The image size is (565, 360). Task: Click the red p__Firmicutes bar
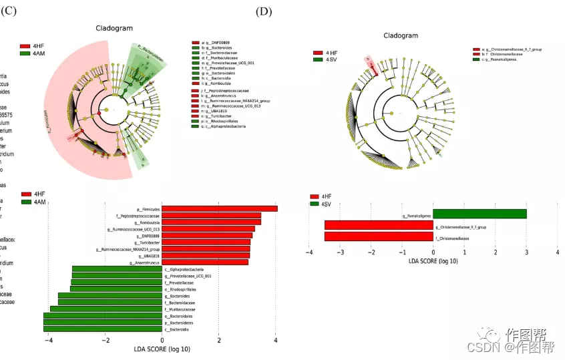219,209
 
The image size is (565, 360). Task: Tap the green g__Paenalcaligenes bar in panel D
480,214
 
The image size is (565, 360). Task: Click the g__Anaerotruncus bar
204,262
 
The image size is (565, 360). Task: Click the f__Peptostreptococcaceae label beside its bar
137,216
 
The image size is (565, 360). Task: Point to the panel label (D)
264,11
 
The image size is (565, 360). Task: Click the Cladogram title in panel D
401,35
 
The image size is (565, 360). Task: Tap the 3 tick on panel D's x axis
526,253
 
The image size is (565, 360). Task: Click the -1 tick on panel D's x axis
402,253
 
